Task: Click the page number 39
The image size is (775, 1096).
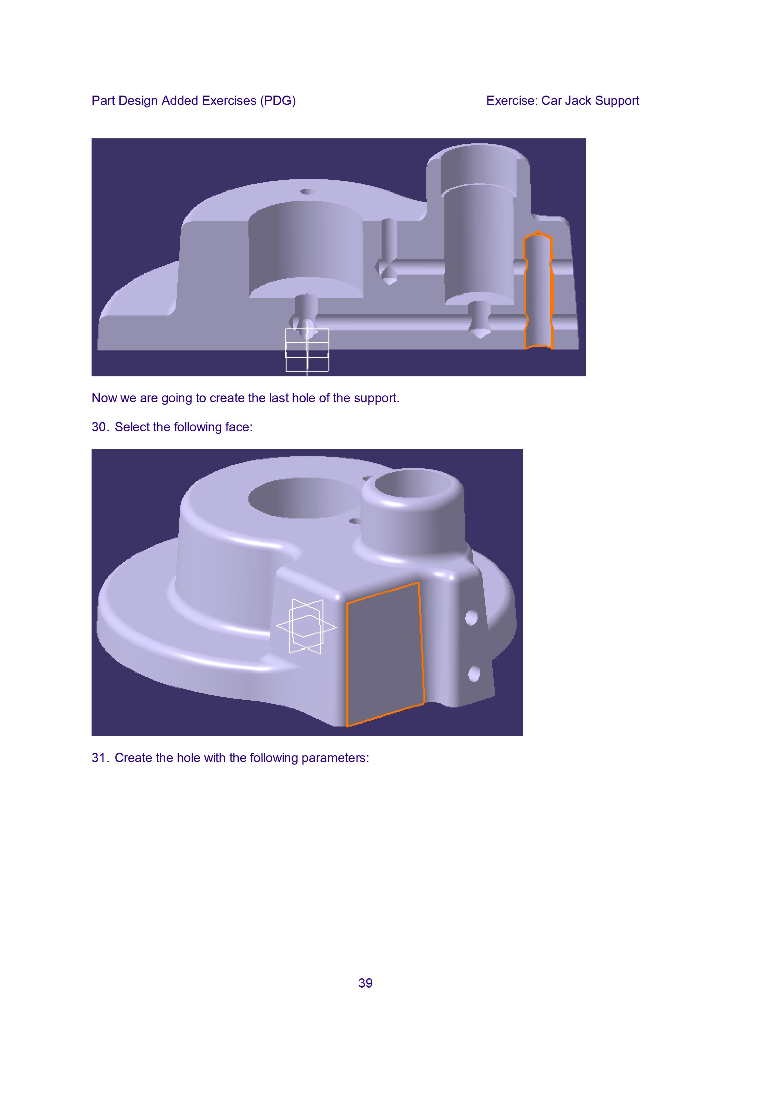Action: point(365,983)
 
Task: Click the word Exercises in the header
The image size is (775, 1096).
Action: point(229,101)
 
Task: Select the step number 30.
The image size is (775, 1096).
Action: point(100,427)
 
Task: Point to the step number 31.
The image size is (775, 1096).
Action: point(100,758)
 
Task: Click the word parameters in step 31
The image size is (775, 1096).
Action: point(335,758)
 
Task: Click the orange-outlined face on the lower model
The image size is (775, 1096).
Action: point(385,654)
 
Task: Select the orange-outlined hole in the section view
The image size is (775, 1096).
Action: point(538,290)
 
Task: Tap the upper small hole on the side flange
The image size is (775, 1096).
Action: point(471,617)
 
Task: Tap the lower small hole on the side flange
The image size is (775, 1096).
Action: point(474,674)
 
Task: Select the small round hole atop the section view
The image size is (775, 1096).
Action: point(307,192)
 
